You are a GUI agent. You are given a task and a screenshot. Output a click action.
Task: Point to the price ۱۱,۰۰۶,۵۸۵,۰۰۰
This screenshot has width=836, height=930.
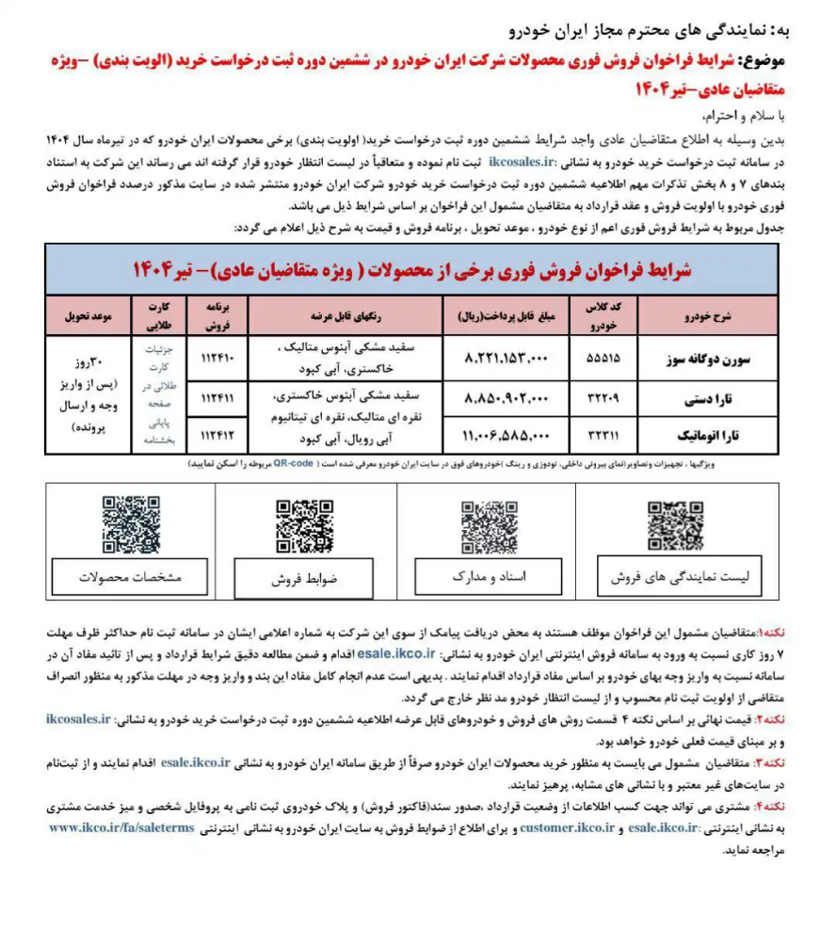(506, 436)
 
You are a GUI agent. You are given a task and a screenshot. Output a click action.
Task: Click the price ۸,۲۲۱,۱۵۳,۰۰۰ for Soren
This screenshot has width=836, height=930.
(506, 359)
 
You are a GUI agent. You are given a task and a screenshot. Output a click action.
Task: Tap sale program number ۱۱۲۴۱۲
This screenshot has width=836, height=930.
(217, 436)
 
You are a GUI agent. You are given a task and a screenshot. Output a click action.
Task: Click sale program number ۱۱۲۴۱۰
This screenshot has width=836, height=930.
(217, 359)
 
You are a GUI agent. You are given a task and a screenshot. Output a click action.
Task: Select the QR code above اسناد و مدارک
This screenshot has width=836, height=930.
(489, 526)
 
